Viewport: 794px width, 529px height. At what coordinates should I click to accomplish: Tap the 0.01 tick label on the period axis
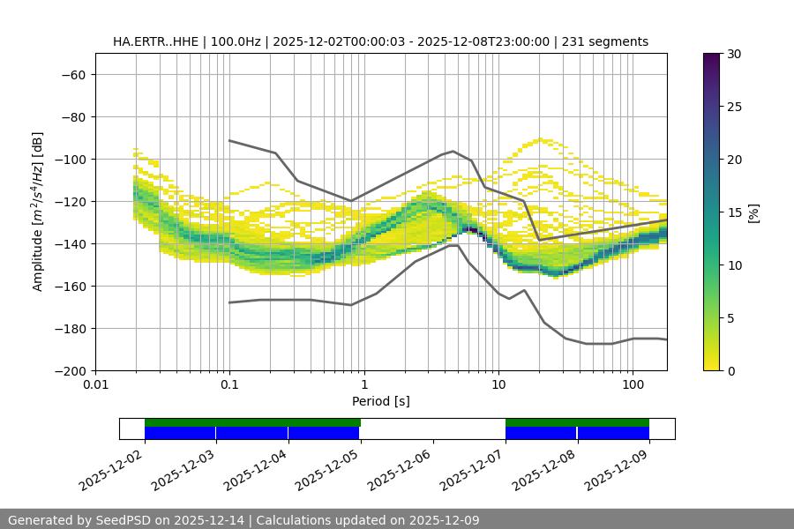coord(95,385)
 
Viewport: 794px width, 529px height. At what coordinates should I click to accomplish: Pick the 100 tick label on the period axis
coord(633,385)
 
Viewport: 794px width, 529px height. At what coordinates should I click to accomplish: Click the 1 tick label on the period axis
coord(363,385)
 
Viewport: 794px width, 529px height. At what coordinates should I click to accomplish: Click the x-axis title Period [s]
coord(380,401)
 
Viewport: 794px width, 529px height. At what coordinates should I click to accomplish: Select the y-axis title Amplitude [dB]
coord(37,212)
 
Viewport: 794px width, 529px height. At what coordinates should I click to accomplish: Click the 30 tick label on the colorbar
coord(732,54)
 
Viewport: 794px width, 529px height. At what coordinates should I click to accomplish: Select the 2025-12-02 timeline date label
coord(111,468)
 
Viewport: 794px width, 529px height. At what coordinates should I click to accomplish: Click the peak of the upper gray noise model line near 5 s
coord(453,151)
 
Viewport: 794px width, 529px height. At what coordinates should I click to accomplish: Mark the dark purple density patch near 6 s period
coord(473,230)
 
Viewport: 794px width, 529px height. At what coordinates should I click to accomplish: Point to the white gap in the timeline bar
coord(432,428)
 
